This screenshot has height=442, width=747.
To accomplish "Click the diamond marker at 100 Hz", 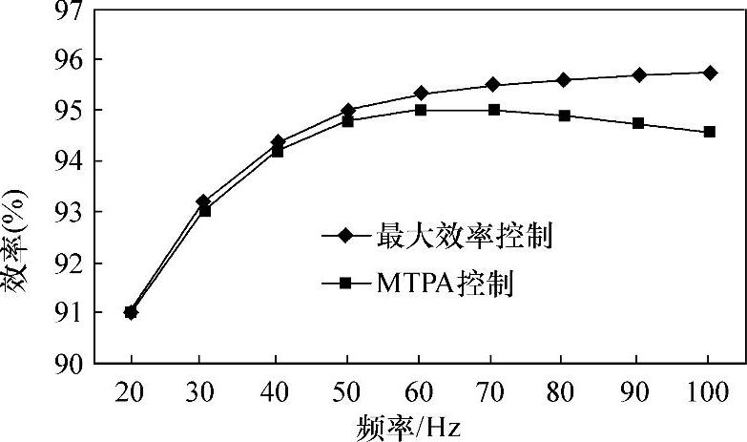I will pos(710,73).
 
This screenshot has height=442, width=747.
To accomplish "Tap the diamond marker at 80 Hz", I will pos(564,79).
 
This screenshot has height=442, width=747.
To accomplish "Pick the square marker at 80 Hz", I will pos(564,116).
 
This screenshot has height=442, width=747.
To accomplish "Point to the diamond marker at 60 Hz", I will pos(421,94).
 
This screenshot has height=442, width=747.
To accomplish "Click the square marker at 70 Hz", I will pos(494,110).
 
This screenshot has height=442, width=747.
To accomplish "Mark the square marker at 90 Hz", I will pos(638,123).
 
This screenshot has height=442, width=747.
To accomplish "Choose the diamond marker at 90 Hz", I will pos(638,74).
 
